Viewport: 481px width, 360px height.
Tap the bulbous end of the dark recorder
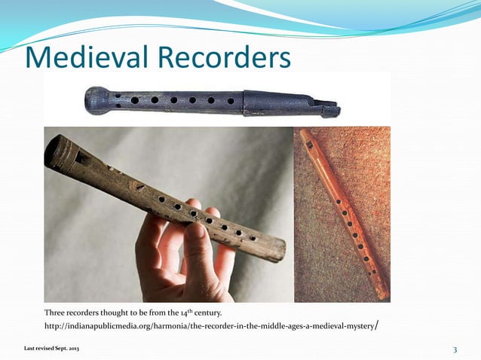click(98, 100)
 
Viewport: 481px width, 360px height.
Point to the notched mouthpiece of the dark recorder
click(329, 105)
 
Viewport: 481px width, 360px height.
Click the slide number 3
click(455, 349)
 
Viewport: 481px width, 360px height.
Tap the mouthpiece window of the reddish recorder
click(309, 144)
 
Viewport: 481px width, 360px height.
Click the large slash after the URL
click(376, 325)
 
